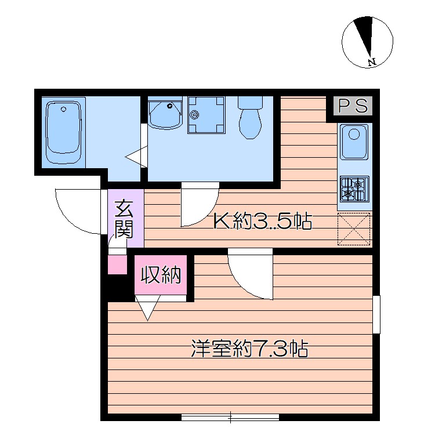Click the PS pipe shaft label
353,106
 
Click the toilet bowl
251,119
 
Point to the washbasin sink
165,114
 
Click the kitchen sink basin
354,142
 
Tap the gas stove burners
354,188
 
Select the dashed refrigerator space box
354,229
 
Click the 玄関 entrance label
123,219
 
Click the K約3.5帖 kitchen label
263,221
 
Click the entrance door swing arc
78,210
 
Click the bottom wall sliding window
230,416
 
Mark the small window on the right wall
376,314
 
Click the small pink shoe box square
117,264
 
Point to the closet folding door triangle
148,307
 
